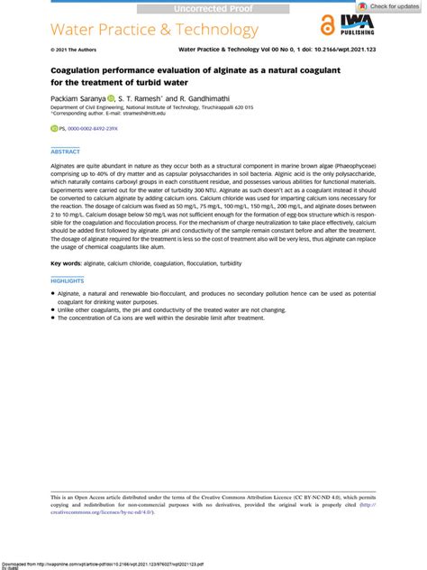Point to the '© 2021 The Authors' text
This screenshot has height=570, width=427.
pos(73,50)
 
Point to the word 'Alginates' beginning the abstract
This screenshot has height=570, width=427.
pos(68,169)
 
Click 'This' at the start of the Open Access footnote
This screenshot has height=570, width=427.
pos(56,497)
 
